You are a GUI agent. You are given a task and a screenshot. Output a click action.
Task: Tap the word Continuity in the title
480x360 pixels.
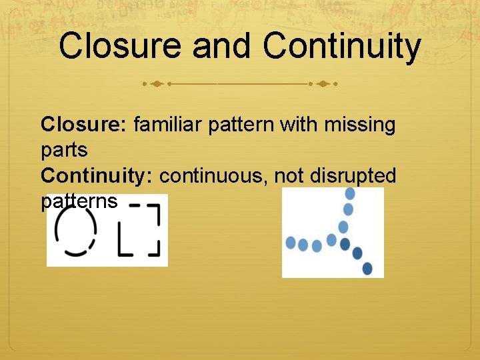coord(341,47)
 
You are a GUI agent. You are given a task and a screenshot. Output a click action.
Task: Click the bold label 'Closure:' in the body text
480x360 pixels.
coord(85,125)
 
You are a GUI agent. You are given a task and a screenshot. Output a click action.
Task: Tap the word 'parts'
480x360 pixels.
coord(64,150)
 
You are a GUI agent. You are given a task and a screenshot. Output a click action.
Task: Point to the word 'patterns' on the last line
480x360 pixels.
coord(79,201)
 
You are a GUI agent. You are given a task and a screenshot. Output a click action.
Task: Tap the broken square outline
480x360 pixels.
coord(139,230)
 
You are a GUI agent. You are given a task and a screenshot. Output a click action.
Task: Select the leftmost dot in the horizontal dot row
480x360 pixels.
coord(291,243)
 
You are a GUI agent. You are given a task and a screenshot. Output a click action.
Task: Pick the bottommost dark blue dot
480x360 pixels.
coord(367,268)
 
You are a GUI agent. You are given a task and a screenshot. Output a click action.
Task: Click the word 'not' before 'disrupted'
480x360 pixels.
coord(287,175)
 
